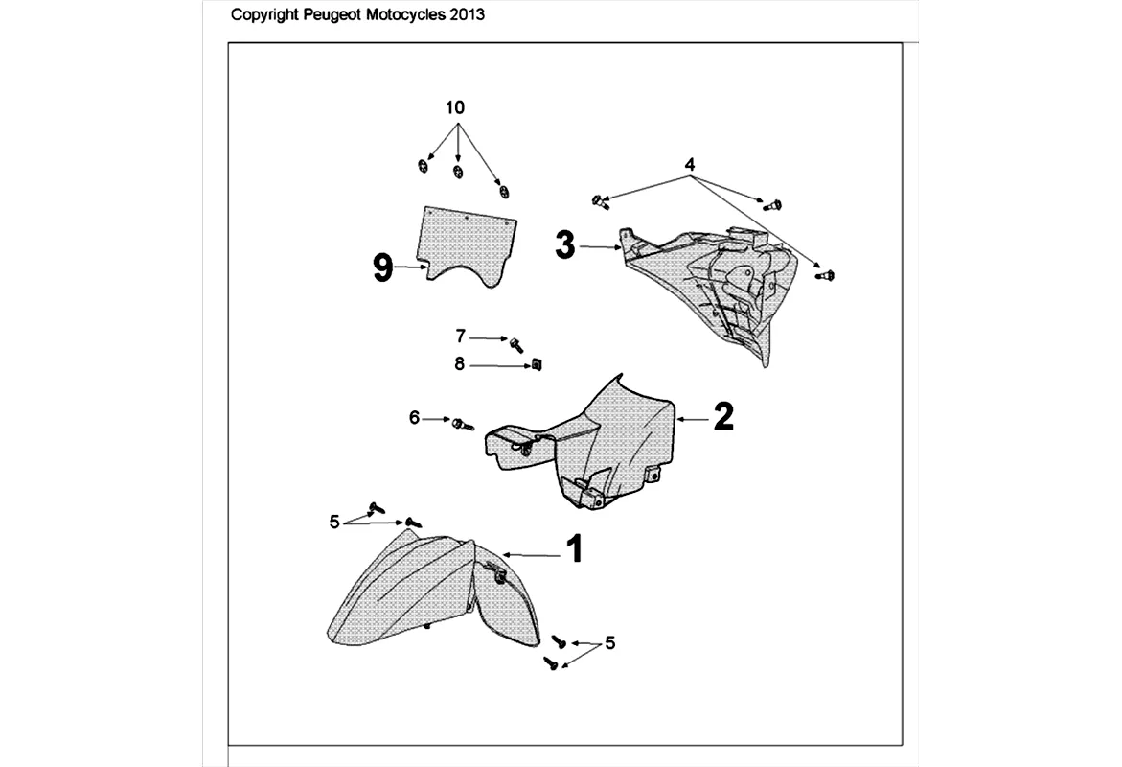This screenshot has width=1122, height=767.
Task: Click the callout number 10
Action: [x=455, y=107]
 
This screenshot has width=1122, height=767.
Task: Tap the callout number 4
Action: [x=690, y=165]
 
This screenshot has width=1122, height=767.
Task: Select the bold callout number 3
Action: [x=565, y=245]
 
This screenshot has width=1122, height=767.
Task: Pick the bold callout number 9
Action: [x=383, y=268]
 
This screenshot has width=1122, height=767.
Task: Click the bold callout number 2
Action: [x=723, y=416]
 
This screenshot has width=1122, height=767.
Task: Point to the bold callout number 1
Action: [x=575, y=550]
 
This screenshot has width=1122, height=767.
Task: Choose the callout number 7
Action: [x=461, y=336]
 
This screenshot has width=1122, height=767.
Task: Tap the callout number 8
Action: [x=459, y=363]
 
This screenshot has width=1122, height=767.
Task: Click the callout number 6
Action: [x=414, y=417]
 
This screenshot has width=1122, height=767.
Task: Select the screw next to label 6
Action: [x=463, y=425]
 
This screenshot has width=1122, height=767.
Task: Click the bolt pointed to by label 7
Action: [x=515, y=344]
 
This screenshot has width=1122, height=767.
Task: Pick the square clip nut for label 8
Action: [x=537, y=365]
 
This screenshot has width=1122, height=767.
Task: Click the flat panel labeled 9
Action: [x=466, y=246]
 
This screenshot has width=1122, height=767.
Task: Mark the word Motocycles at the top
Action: [x=405, y=14]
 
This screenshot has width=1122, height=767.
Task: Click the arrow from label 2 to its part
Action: [x=692, y=419]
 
